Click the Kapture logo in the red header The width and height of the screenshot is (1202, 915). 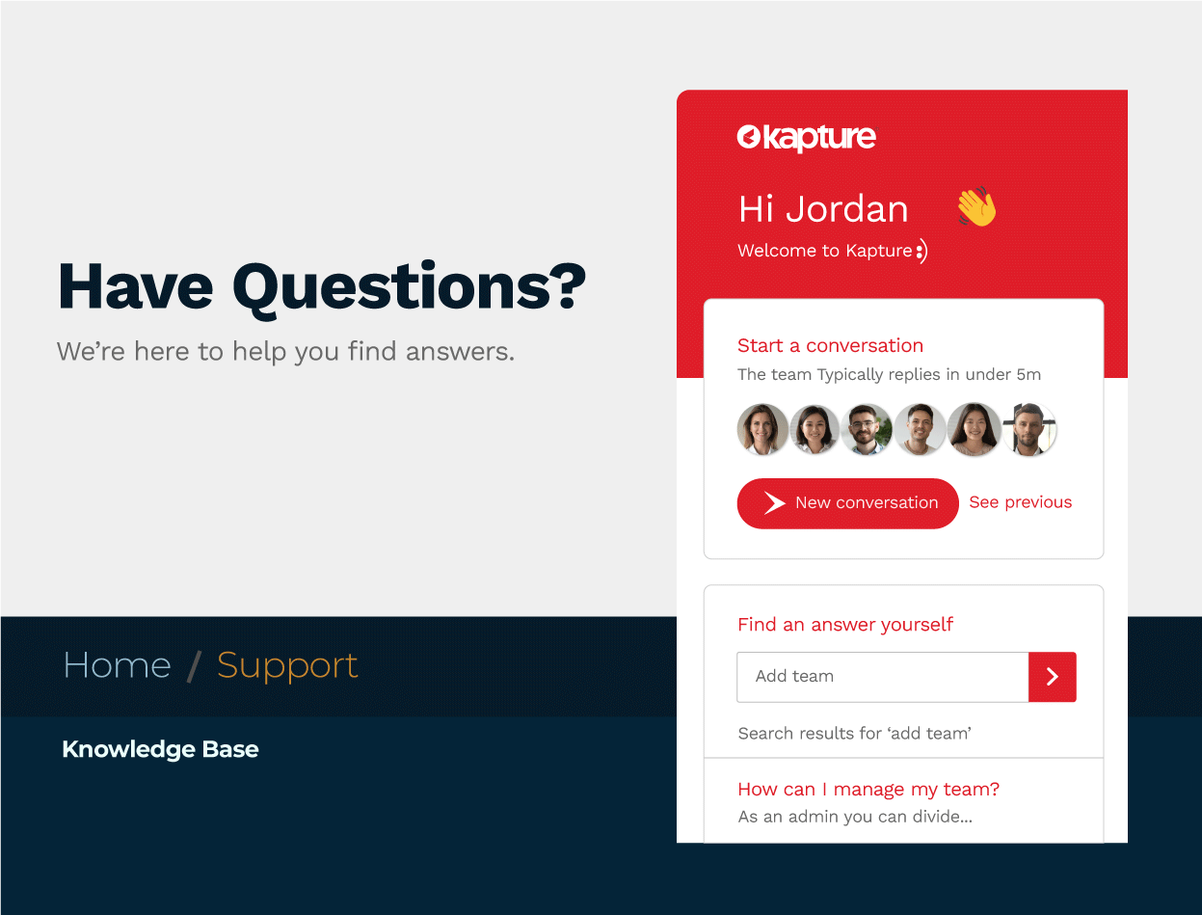807,138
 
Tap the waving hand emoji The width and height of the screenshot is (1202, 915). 977,206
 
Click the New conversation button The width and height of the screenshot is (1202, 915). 847,503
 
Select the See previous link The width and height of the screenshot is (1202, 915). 1020,502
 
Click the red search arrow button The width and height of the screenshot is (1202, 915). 1052,677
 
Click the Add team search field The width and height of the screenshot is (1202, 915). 883,677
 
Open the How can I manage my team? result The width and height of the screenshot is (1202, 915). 868,789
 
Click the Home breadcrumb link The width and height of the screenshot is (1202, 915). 118,666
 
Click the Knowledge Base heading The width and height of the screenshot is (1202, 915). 160,749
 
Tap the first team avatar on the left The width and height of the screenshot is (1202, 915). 762,429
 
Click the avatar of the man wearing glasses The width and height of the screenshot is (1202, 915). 867,429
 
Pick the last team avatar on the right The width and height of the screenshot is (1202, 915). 1029,429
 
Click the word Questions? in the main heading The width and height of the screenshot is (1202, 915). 409,288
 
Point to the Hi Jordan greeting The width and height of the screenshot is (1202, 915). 823,209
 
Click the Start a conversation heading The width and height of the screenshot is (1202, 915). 830,345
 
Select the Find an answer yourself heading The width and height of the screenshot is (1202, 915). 845,625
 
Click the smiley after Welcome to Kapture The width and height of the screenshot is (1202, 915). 922,252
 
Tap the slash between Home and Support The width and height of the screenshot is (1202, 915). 194,667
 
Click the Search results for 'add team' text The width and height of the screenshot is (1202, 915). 855,733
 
